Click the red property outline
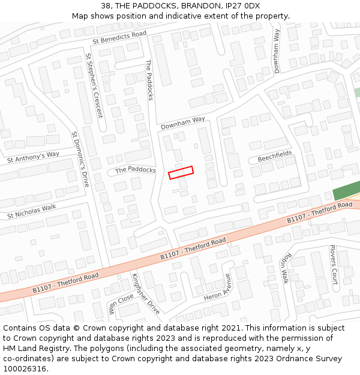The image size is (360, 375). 181,172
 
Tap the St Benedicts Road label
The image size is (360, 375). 119,38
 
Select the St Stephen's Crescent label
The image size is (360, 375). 94,85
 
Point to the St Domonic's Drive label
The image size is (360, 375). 80,159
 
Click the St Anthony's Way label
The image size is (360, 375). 33,157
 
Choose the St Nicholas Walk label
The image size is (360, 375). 31,211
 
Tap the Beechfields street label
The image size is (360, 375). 275,157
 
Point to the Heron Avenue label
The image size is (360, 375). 217,288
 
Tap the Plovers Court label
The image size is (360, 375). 334,264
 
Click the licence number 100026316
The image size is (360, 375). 25,369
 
